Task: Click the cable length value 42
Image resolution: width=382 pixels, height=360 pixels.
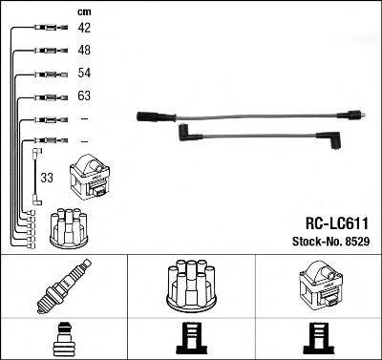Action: [x=84, y=29]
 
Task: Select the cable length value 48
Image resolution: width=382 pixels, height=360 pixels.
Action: [x=84, y=51]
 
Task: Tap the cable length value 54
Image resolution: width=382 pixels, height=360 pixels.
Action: [x=84, y=74]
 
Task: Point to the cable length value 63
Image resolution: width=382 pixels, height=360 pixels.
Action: [x=84, y=96]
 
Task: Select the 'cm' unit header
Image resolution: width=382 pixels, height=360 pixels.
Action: [x=83, y=11]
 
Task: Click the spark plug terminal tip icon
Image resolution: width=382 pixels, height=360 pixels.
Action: [x=63, y=337]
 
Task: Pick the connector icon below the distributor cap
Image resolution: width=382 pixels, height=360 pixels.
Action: [x=191, y=337]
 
